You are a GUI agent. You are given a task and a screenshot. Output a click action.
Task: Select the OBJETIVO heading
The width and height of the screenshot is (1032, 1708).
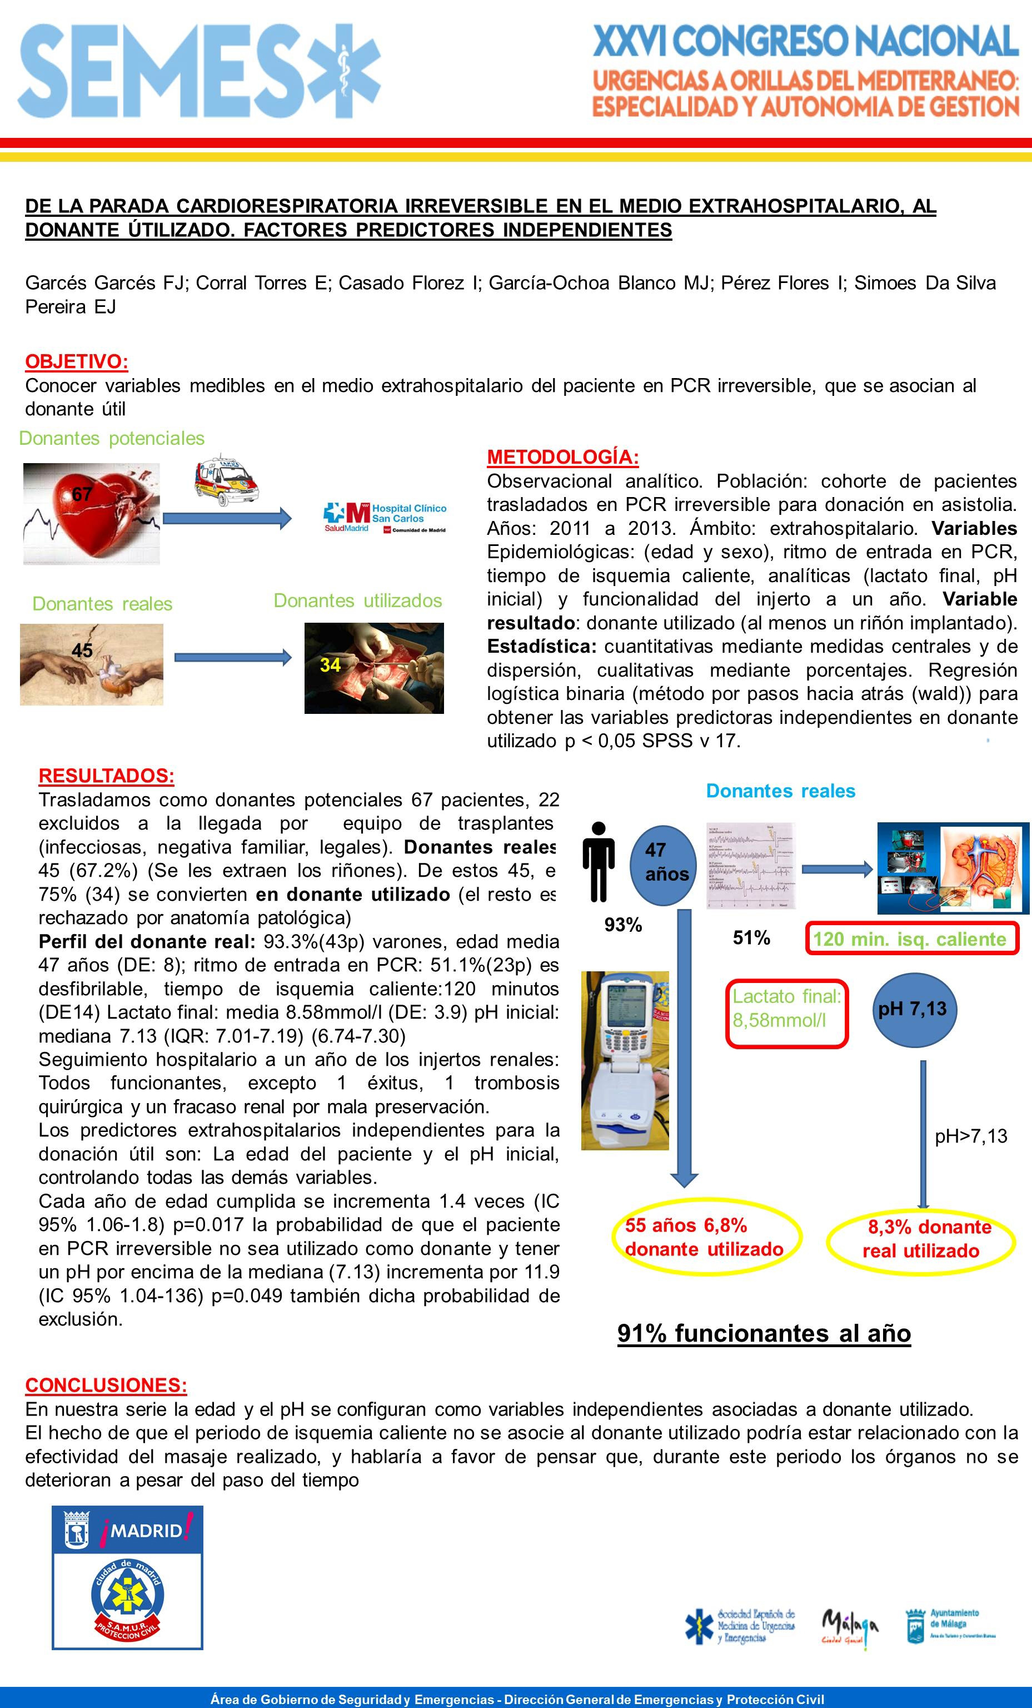point(76,361)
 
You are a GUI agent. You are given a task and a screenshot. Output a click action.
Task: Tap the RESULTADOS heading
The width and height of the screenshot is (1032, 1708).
point(106,776)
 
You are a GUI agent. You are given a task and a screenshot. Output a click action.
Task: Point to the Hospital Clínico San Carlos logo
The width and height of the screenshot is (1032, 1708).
point(385,518)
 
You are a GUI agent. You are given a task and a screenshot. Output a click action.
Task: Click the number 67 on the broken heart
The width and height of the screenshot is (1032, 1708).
point(82,494)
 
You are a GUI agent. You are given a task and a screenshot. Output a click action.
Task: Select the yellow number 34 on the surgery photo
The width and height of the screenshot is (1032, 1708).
point(330,665)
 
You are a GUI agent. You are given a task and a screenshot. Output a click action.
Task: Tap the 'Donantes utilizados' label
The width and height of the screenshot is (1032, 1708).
point(358,600)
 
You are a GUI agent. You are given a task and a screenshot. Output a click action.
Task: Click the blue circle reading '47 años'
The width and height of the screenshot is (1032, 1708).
point(666,862)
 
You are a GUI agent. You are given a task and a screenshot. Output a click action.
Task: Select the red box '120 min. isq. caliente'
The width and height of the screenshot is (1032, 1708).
point(911,939)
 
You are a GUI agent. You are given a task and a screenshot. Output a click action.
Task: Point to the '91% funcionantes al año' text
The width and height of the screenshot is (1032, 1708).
point(764,1333)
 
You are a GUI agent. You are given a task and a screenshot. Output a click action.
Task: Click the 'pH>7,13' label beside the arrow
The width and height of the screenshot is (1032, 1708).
point(970,1136)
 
